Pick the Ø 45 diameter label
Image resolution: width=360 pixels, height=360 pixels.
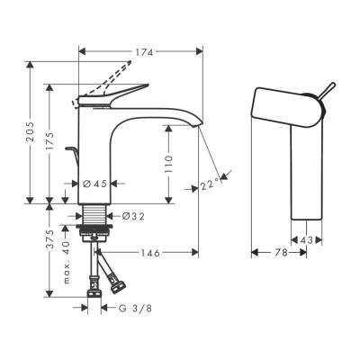click(94, 184)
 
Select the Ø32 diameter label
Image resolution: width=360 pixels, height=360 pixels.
click(132, 216)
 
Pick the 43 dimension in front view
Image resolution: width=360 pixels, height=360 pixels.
click(308, 239)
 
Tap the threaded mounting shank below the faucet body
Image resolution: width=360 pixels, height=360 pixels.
click(94, 216)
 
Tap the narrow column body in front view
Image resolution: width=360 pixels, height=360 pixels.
click(308, 171)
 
